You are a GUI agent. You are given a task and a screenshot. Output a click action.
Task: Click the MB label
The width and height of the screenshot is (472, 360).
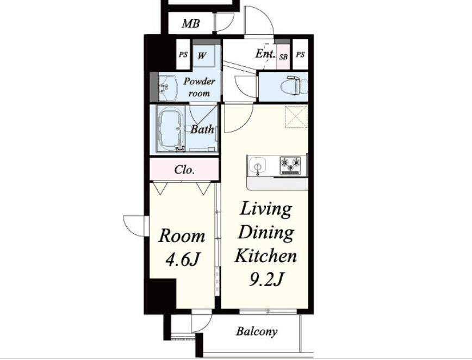[190, 23]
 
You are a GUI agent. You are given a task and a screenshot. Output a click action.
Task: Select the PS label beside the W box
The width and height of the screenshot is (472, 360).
[183, 55]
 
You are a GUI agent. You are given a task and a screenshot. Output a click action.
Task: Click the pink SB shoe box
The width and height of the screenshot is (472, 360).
[283, 57]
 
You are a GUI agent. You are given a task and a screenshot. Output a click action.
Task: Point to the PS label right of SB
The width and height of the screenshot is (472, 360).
[300, 55]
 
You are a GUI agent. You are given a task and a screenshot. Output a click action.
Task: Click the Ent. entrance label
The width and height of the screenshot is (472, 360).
[265, 54]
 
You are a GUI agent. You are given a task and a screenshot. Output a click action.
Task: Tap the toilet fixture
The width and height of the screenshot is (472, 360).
[294, 86]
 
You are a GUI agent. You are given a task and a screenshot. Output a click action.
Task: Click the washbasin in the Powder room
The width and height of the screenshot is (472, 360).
[167, 88]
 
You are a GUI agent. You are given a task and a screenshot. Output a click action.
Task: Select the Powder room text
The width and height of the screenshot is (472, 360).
[199, 87]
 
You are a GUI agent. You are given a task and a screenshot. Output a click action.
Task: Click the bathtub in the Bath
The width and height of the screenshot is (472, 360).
[170, 130]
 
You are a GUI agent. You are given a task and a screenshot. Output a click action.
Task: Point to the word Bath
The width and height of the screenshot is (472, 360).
[202, 129]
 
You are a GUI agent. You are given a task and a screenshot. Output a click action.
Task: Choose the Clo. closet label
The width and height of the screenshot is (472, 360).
[184, 170]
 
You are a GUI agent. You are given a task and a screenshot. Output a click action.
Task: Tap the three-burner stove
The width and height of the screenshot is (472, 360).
[291, 165]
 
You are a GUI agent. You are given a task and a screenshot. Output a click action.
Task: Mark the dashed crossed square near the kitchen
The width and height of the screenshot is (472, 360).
[296, 117]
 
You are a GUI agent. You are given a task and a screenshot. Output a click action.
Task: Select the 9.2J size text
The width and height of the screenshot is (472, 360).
[266, 279]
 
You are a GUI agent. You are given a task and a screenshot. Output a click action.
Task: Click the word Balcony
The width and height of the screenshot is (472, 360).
[257, 331]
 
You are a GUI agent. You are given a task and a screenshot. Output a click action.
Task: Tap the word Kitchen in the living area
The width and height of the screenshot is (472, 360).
[266, 256]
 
